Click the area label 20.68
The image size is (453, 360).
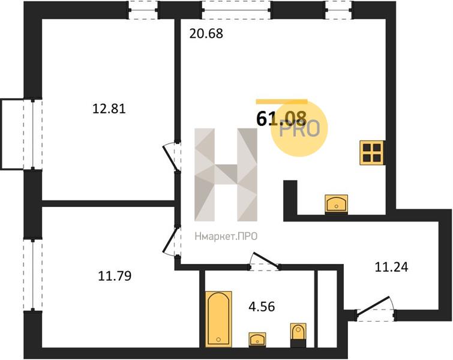coord(206,34)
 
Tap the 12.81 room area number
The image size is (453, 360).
coord(109,109)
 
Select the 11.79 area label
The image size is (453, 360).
coord(115,275)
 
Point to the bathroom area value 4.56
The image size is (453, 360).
coord(262,306)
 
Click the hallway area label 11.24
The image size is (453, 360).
coord(391,267)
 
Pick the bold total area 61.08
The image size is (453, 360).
coord(281,119)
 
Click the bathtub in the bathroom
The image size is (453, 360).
coord(218,319)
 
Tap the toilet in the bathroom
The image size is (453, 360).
coord(298,335)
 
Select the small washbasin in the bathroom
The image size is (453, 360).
coord(257,339)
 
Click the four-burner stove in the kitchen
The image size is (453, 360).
coord(372,153)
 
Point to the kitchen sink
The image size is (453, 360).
coord(336,204)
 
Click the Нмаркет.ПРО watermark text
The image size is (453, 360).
coord(226,237)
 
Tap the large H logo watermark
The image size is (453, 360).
coord(226,175)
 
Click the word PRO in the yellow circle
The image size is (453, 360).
coord(300,129)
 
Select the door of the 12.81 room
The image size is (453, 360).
coord(172,157)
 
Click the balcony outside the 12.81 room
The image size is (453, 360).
coord(12,134)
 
